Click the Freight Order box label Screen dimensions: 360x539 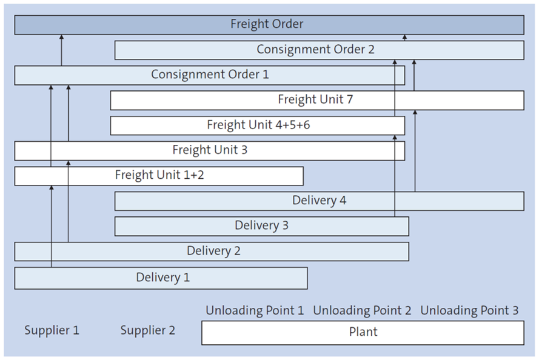coord(267,24)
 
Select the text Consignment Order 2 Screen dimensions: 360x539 coord(315,50)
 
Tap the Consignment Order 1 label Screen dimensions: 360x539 coord(210,75)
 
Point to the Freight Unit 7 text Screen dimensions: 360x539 coord(315,99)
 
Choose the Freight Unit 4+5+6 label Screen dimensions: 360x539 coord(259,125)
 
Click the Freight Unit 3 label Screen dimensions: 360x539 coord(210,150)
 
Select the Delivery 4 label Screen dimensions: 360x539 coord(319,200)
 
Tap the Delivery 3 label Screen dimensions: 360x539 coord(261,225)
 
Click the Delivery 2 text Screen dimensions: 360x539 coord(213,251)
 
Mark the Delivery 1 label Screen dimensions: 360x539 coord(162,278)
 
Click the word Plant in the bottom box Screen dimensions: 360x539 coord(363,332)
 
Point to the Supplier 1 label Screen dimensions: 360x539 coord(52,330)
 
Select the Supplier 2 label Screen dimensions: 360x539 coord(147,330)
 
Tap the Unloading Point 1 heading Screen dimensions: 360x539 coord(255,311)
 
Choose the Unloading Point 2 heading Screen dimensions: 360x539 coord(362,311)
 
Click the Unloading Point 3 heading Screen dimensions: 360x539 coord(469,311)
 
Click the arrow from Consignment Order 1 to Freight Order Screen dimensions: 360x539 coord(61,51)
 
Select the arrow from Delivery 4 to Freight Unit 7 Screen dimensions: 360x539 coord(415,152)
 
